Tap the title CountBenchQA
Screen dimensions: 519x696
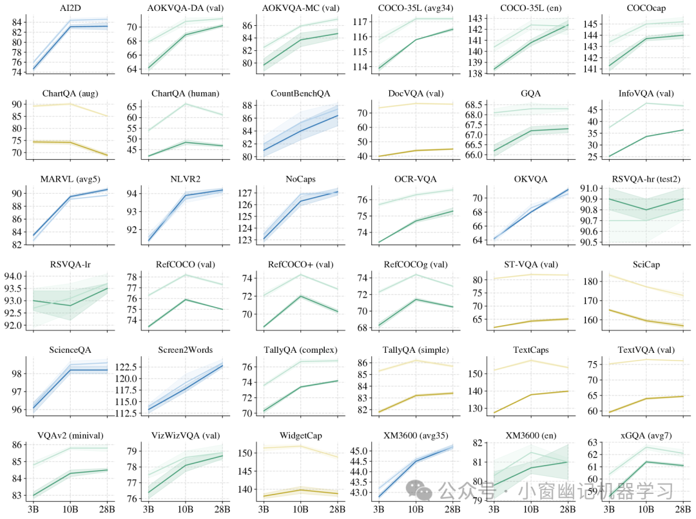point(301,93)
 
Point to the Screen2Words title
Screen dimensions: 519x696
point(186,350)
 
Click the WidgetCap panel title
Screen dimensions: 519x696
point(301,435)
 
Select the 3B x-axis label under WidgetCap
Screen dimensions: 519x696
point(263,509)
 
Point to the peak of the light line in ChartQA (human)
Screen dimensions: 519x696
point(186,104)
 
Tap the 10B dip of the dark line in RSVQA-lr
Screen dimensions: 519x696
point(70,305)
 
